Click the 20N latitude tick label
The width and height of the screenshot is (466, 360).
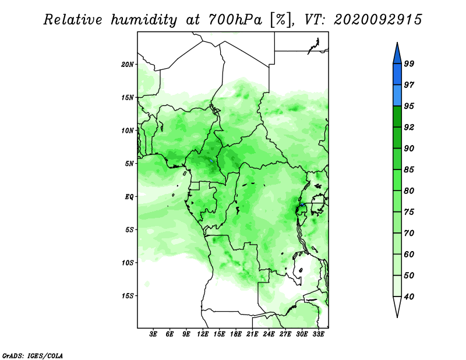tap(127, 64)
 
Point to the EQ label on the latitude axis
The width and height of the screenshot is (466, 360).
tap(129, 197)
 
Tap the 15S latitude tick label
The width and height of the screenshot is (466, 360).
tap(127, 296)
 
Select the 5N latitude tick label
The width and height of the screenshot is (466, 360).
tap(129, 164)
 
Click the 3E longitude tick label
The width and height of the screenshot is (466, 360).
tap(153, 334)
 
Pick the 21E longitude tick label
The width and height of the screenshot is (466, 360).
tap(252, 334)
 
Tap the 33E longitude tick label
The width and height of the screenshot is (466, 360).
tap(318, 334)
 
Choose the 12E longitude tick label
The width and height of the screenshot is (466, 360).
tap(203, 334)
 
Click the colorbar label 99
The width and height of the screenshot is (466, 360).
tap(409, 63)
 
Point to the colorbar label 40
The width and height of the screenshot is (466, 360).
tap(409, 297)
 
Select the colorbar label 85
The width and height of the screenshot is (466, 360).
tap(409, 170)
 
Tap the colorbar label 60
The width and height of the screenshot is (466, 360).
tap(409, 254)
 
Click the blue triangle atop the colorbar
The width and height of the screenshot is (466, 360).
tap(397, 55)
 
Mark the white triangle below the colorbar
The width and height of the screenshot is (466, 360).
tap(397, 305)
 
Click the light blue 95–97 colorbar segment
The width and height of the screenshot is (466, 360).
tap(397, 96)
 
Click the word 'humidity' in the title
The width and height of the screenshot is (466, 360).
tap(144, 20)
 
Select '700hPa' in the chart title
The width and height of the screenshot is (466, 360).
tap(235, 20)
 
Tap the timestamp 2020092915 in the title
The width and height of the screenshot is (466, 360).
tap(377, 20)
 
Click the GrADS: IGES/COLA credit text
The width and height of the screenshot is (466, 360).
tap(33, 355)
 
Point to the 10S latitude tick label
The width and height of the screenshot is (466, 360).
tap(127, 263)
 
